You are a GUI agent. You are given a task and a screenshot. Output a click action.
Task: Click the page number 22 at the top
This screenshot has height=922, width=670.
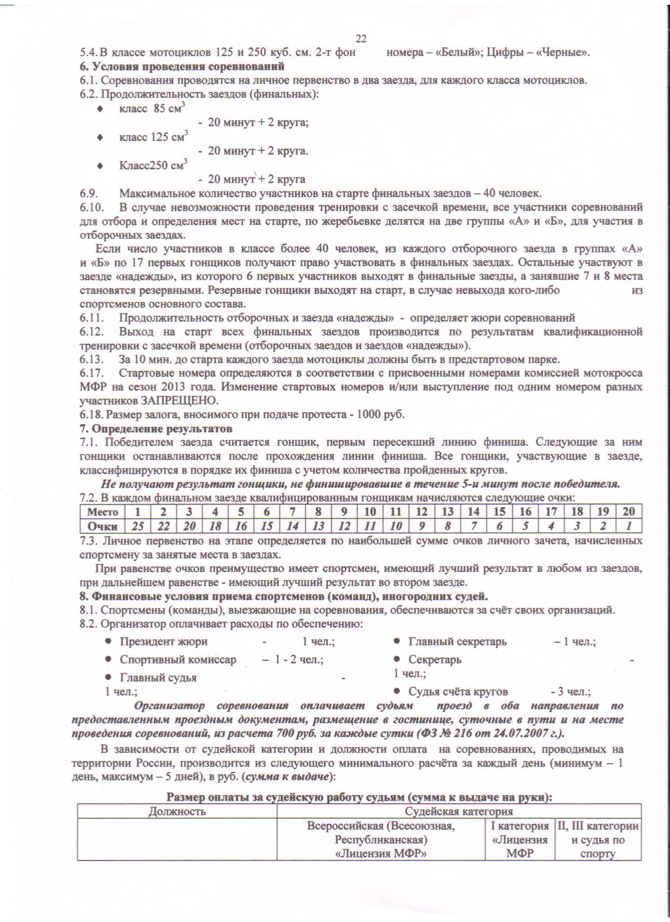(x=361, y=38)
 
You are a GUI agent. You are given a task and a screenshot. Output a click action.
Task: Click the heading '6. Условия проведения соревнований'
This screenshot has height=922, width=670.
(x=182, y=67)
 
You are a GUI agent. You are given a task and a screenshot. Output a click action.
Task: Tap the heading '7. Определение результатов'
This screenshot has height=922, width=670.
(x=156, y=428)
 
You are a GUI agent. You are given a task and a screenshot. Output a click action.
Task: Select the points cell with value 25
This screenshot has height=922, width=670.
(x=138, y=526)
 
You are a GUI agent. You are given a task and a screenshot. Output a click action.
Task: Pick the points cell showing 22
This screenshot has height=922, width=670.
(x=163, y=526)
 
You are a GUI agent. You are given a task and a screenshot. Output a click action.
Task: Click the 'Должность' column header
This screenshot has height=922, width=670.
(x=177, y=811)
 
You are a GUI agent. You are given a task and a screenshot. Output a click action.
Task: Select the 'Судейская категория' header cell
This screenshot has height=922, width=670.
(x=459, y=811)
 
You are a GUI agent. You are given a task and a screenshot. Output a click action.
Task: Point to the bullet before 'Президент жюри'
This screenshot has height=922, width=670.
(x=108, y=641)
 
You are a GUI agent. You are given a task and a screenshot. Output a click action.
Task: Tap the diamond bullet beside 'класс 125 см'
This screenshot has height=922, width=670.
(x=100, y=138)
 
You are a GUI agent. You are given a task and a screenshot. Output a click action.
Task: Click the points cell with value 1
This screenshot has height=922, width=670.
(x=628, y=526)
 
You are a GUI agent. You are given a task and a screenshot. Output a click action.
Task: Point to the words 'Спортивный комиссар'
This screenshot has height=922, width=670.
(x=178, y=659)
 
